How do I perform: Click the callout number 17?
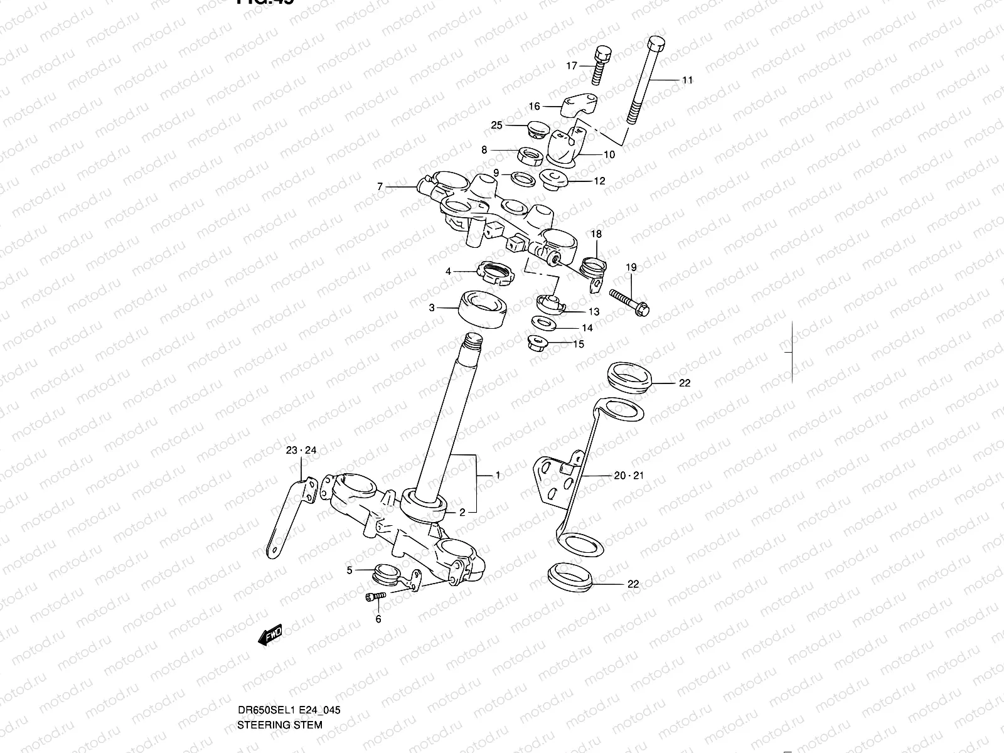click(x=572, y=65)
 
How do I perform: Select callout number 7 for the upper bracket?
click(x=380, y=186)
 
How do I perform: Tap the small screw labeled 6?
click(x=373, y=598)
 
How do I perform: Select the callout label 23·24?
click(x=301, y=450)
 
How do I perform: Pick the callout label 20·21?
click(x=628, y=476)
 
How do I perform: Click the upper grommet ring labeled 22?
click(x=630, y=376)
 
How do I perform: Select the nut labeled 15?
click(x=538, y=343)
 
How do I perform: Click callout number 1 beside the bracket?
click(x=498, y=476)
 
